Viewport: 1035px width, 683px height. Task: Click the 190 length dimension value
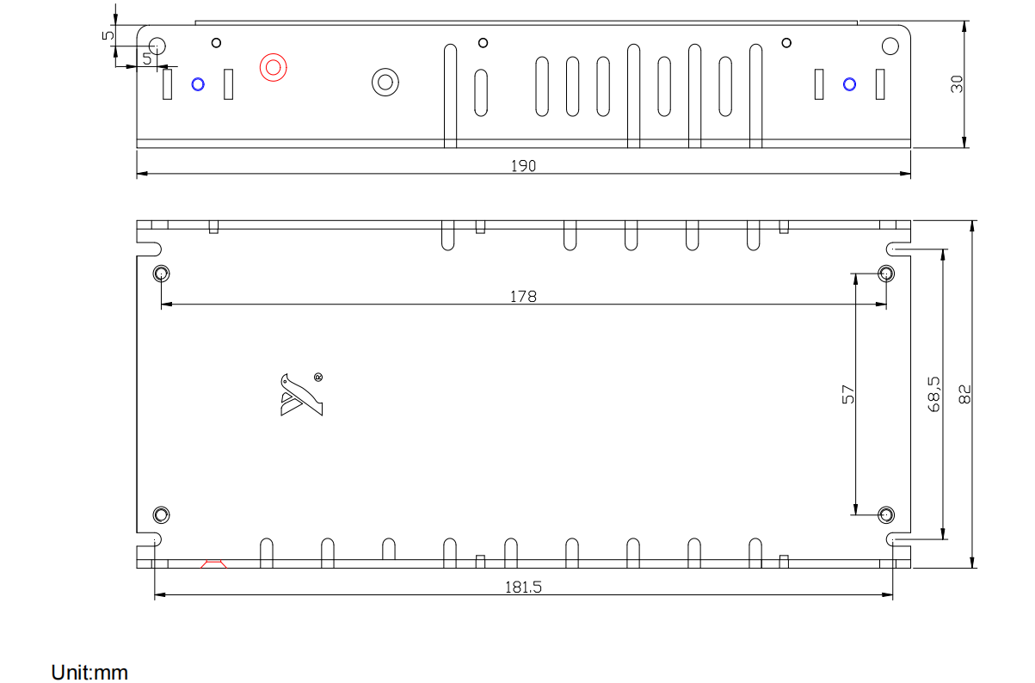pyautogui.click(x=523, y=165)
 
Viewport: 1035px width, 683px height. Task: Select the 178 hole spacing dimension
pyautogui.click(x=523, y=296)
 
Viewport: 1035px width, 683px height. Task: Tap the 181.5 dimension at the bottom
pyautogui.click(x=523, y=588)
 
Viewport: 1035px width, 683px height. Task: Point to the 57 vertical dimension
pyautogui.click(x=848, y=394)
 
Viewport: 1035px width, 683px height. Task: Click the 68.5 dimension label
pyautogui.click(x=933, y=394)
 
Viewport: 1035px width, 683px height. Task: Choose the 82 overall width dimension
pyautogui.click(x=964, y=394)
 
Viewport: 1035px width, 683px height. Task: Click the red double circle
pyautogui.click(x=273, y=66)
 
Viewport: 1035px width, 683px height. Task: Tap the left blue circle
pyautogui.click(x=198, y=83)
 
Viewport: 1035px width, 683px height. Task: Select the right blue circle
pyautogui.click(x=850, y=83)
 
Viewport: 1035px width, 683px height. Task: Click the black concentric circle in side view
pyautogui.click(x=385, y=82)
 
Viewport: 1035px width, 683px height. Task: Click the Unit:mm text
pyautogui.click(x=89, y=672)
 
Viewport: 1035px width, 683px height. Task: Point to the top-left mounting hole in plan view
pyautogui.click(x=161, y=274)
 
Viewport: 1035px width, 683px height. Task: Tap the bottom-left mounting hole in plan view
pyautogui.click(x=161, y=514)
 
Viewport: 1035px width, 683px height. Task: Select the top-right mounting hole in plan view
pyautogui.click(x=885, y=274)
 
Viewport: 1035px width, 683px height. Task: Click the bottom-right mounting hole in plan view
pyautogui.click(x=885, y=514)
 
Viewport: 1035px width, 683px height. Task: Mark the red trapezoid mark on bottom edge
pyautogui.click(x=213, y=564)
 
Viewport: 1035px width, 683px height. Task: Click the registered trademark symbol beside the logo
pyautogui.click(x=318, y=377)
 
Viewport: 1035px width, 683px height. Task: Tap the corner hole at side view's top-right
pyautogui.click(x=890, y=46)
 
